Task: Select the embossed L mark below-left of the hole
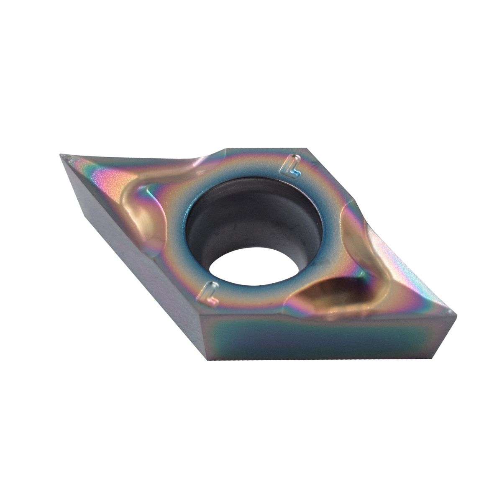[x=210, y=293]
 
